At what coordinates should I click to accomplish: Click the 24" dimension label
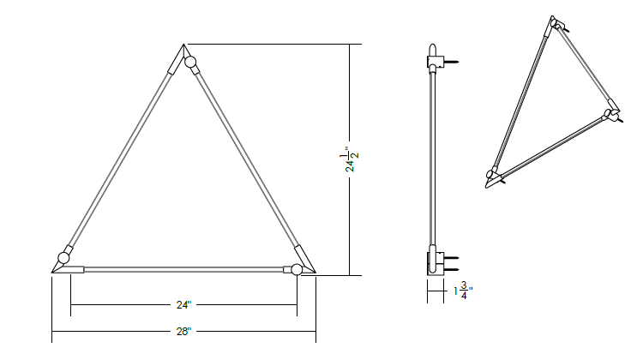(183, 305)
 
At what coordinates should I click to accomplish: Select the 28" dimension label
(183, 332)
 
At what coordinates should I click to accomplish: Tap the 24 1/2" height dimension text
(350, 159)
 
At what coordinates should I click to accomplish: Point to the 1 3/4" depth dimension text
(463, 291)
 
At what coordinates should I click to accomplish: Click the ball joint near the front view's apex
(189, 63)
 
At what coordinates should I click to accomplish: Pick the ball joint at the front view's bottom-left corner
(63, 258)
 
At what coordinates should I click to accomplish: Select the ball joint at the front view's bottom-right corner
(297, 269)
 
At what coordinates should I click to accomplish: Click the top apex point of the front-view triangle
(183, 45)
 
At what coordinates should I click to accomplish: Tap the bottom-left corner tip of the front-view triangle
(52, 273)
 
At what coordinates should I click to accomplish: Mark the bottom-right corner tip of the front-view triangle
(315, 273)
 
